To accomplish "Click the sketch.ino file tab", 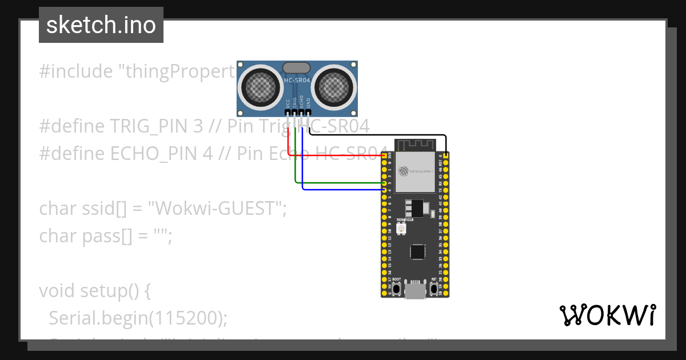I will point(101,25).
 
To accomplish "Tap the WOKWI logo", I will point(607,315).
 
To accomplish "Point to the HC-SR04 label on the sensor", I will point(297,81).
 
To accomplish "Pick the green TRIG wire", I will point(337,183).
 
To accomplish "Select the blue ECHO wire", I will point(343,189).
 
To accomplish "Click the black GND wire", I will point(377,135).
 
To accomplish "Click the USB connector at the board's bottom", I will point(416,291).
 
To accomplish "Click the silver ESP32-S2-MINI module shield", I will point(416,171).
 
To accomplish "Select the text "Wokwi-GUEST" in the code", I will point(217,209).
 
